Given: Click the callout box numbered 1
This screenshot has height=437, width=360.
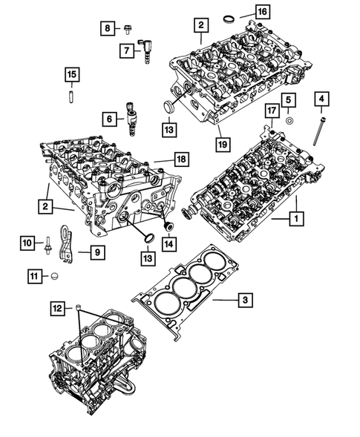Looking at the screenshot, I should point(295,219).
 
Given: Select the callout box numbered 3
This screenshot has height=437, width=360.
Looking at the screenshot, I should point(243,300).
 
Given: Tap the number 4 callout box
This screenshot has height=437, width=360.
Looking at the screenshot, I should point(321,98).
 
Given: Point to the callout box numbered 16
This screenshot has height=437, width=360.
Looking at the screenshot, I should point(263,12).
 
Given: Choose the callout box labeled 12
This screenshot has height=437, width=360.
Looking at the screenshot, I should point(56,306).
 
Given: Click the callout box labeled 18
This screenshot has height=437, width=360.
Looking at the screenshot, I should point(179,159).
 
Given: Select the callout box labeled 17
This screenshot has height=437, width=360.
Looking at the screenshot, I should point(272,112).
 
